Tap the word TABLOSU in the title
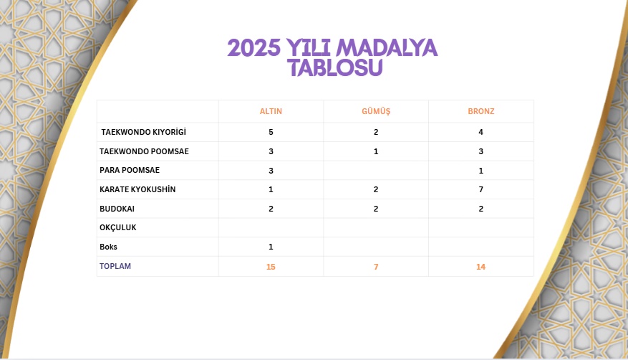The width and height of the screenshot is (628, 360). pos(335,68)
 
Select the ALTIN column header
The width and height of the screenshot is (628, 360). pos(271,111)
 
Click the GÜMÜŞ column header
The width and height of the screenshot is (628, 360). pos(376,111)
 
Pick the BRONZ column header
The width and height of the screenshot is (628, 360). pos(481,111)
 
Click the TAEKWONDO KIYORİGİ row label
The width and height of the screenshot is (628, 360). pos(143,133)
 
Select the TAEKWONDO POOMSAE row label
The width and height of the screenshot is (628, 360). pos(144,151)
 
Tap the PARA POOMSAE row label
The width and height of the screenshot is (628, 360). pos(130,171)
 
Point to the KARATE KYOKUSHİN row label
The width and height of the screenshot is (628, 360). pos(137,189)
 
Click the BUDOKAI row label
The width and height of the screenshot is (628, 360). pos(117,209)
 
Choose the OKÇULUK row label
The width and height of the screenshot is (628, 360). pos(118,227)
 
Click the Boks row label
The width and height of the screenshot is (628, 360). pos(108,247)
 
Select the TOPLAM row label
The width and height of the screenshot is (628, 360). pos(115,266)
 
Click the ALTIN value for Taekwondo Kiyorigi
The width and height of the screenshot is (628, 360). pos(271,133)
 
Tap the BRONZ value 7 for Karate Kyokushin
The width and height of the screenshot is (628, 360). pos(481,189)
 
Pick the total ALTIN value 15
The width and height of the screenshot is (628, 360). pos(271,267)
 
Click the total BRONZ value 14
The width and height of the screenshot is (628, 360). pos(481,267)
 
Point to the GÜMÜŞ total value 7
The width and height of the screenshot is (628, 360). pos(376,267)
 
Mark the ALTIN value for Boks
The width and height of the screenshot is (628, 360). pos(271,247)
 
